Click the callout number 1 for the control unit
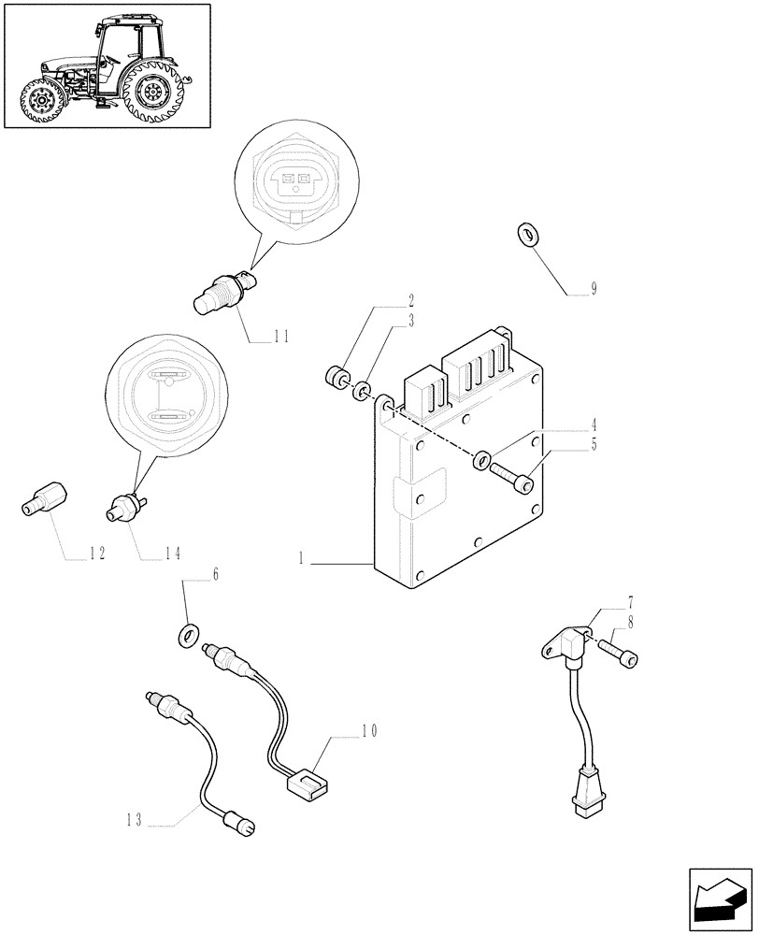(302, 559)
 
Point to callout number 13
(136, 821)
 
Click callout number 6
(216, 576)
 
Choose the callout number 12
(96, 554)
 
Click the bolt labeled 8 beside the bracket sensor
(620, 652)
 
